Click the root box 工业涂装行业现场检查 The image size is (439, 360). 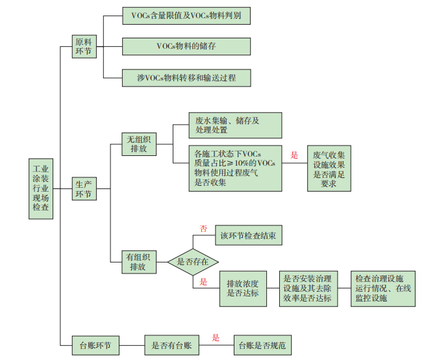(41, 188)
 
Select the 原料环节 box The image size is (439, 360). (84, 47)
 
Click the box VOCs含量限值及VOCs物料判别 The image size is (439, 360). (186, 15)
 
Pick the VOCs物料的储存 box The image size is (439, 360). (186, 46)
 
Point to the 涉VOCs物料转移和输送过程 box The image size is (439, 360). (186, 78)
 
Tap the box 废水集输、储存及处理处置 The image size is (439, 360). (227, 125)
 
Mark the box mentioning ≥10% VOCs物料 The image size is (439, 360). (227, 168)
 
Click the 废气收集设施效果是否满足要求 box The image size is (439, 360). (329, 169)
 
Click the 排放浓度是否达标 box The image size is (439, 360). (243, 288)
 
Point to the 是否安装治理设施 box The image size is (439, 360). (308, 288)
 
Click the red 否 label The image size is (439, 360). (203, 229)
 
